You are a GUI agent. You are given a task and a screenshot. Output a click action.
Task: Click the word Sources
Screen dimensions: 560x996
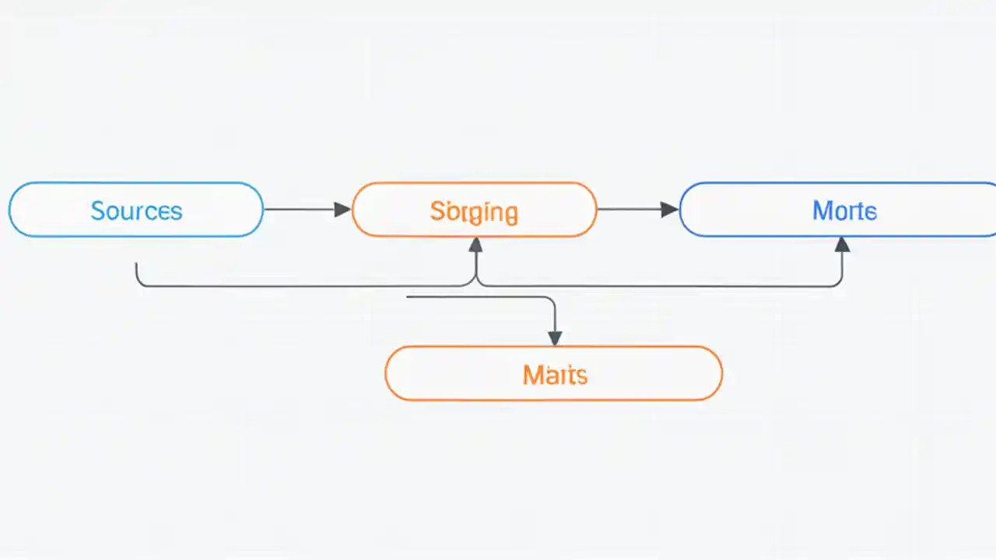point(136,211)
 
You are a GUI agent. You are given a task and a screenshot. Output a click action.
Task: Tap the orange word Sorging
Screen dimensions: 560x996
point(474,212)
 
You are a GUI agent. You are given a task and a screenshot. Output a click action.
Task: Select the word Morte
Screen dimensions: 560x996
point(844,211)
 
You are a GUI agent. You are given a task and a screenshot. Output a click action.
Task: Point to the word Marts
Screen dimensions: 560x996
point(555,375)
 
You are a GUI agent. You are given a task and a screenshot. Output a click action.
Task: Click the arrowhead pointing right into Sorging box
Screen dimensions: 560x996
point(342,209)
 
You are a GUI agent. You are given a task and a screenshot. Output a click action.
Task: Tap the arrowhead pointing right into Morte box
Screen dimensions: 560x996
point(669,209)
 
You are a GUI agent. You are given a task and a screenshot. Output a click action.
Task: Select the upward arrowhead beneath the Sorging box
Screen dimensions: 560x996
point(475,245)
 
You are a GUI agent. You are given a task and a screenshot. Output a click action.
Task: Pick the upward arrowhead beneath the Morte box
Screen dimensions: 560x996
point(842,245)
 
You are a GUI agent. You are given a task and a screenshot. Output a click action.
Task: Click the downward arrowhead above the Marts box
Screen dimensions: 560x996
point(554,338)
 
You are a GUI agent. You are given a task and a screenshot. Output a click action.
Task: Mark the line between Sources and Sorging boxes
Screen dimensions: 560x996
point(300,209)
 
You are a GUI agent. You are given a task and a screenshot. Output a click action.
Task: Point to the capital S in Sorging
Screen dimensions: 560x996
point(437,211)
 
